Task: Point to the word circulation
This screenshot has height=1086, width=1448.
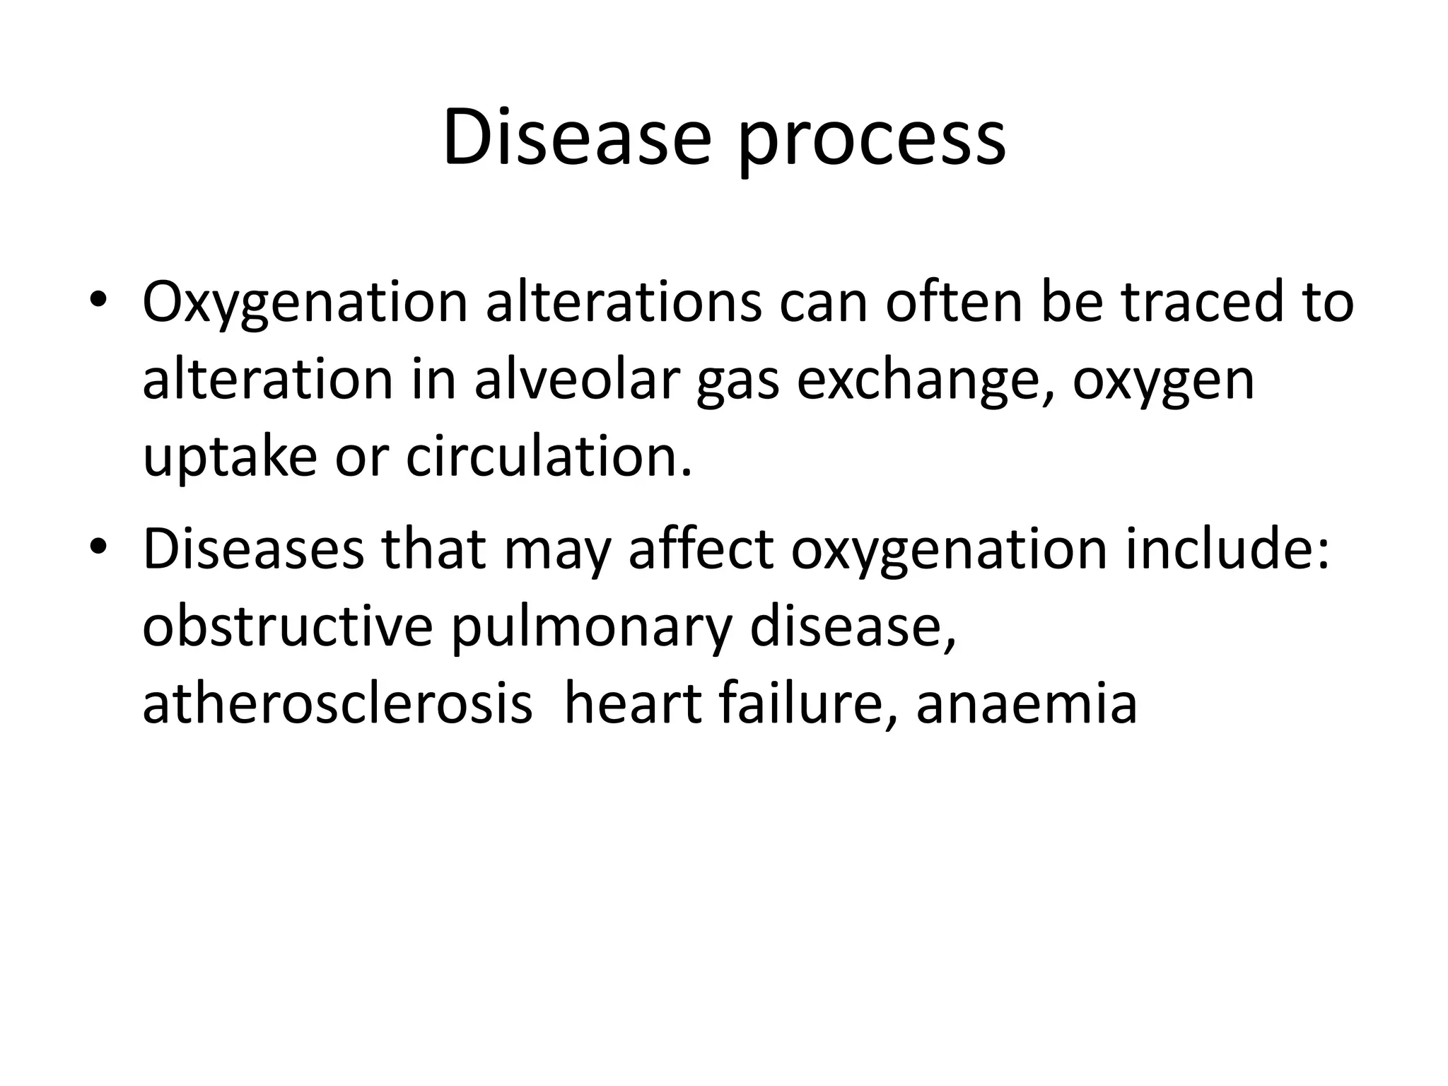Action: (x=548, y=457)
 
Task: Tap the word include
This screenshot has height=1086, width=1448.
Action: (x=1227, y=549)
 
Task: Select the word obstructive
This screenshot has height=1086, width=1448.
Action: (x=287, y=626)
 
